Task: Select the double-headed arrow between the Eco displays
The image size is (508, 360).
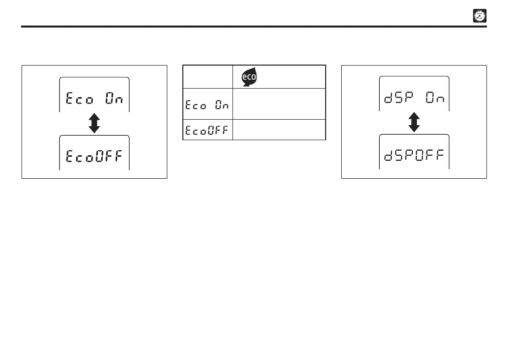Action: [x=94, y=123]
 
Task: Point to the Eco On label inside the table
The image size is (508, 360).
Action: [x=207, y=105]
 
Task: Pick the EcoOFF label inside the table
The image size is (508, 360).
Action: [x=207, y=130]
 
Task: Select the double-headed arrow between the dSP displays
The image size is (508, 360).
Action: [x=414, y=122]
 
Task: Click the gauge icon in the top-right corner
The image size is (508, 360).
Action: [x=479, y=17]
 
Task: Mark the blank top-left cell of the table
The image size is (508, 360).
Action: [x=207, y=77]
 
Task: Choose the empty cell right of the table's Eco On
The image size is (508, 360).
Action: [x=279, y=104]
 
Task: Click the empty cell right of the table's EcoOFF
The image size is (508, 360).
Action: [x=279, y=130]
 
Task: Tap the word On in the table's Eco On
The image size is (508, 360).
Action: [x=222, y=105]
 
